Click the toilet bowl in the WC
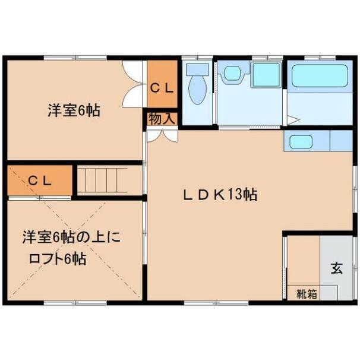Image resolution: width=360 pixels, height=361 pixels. tap(197, 90)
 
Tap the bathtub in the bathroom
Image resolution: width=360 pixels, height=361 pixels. tap(320, 76)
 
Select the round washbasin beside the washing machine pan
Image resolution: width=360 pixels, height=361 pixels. tap(233, 73)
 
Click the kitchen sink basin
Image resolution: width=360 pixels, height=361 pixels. tap(301, 142)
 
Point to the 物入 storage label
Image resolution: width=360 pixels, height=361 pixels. tap(162, 119)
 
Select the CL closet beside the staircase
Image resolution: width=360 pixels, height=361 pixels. tap(40, 180)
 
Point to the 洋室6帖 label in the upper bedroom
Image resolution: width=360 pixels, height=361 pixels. tap(74, 110)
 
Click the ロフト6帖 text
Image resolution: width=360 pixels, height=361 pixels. tap(58, 259)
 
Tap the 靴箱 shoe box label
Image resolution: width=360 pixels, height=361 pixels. tap(307, 294)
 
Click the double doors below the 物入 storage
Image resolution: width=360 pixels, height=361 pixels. tap(163, 136)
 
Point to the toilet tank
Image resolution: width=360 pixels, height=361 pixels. tap(197, 69)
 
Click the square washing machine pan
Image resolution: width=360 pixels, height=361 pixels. tap(266, 74)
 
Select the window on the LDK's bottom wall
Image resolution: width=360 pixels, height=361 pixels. tap(216, 303)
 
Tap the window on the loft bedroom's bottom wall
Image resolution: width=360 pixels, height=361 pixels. tap(75, 303)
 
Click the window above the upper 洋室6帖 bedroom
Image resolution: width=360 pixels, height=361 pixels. tap(75, 58)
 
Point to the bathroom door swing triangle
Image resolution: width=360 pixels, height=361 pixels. tap(293, 120)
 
